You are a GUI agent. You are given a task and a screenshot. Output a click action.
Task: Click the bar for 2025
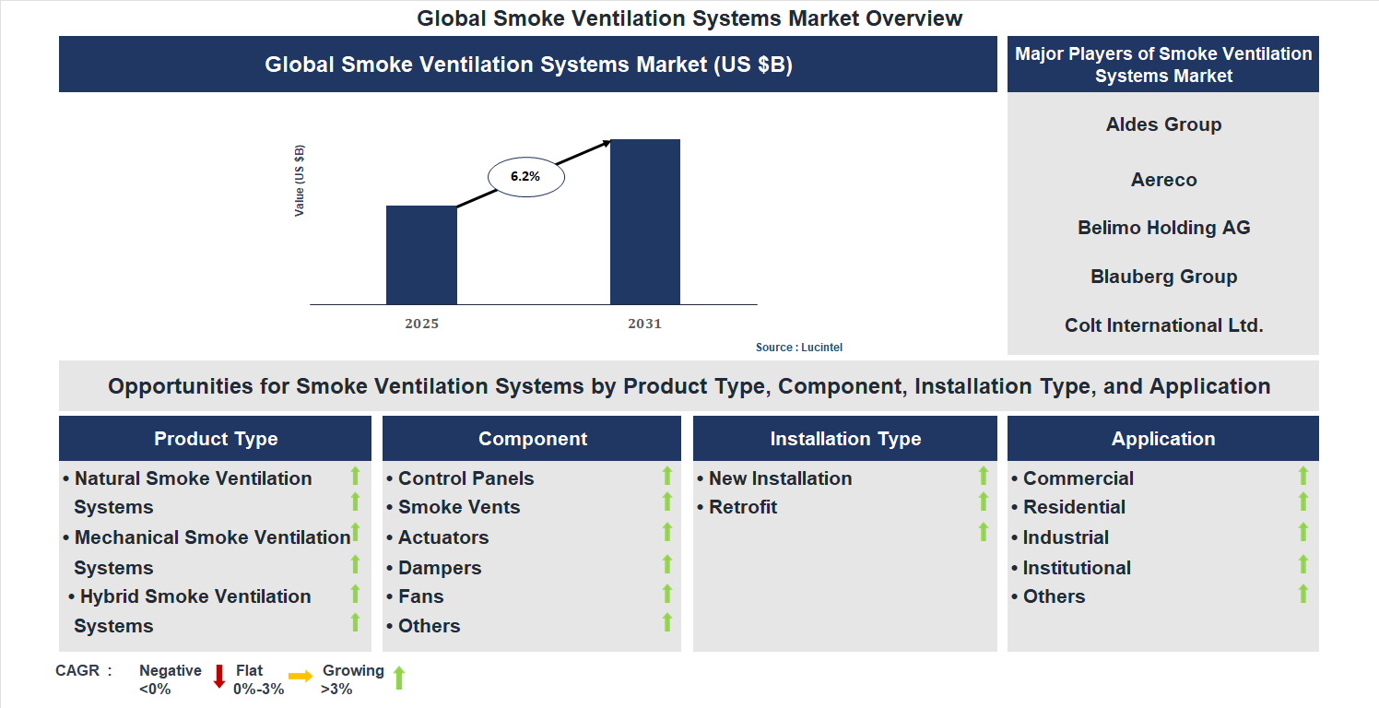tap(421, 254)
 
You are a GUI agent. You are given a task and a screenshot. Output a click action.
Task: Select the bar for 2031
tap(645, 221)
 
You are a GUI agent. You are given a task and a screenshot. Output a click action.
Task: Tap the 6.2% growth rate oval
tap(525, 176)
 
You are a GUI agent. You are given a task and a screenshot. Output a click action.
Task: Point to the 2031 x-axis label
tap(645, 324)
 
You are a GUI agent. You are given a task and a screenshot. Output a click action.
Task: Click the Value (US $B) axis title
tap(300, 182)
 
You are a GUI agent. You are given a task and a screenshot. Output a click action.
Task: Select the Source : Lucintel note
tap(799, 348)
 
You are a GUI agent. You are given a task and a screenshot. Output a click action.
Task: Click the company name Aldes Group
tap(1163, 124)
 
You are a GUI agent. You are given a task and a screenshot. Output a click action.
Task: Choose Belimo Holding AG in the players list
tap(1163, 228)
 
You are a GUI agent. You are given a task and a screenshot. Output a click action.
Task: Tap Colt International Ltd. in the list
tap(1163, 325)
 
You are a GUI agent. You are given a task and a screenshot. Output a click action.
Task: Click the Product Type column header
tap(216, 439)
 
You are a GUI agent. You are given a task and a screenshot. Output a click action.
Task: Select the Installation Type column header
tap(845, 439)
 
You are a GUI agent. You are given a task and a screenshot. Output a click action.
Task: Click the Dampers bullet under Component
tap(440, 568)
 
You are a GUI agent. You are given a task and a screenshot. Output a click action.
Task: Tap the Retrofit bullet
tap(743, 507)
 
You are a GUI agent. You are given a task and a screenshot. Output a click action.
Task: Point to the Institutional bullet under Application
tap(1077, 568)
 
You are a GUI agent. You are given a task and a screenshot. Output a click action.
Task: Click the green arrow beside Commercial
tap(1303, 476)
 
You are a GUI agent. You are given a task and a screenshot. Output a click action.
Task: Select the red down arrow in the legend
tap(219, 677)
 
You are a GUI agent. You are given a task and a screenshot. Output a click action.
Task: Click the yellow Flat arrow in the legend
tap(301, 677)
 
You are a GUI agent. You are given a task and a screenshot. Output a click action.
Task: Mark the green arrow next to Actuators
tap(667, 533)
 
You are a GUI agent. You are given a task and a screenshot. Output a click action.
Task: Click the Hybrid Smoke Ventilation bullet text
tap(195, 596)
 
